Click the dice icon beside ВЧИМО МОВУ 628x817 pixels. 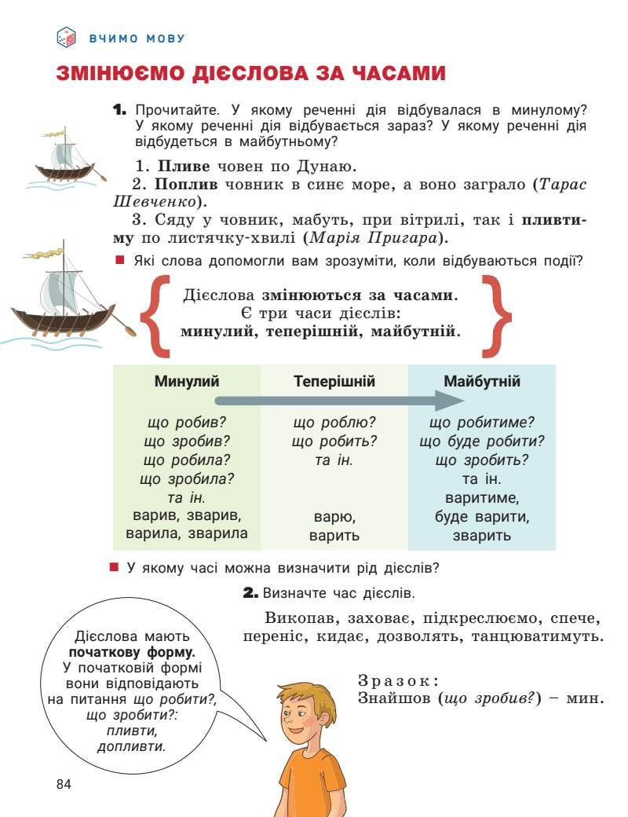click(66, 37)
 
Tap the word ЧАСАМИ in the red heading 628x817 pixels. click(392, 74)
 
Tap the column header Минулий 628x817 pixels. click(186, 382)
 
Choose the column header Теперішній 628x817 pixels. click(334, 382)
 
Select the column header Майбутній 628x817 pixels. click(482, 382)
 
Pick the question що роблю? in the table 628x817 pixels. click(334, 423)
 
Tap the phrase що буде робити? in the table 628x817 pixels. click(482, 441)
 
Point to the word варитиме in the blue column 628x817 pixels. click(482, 498)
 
